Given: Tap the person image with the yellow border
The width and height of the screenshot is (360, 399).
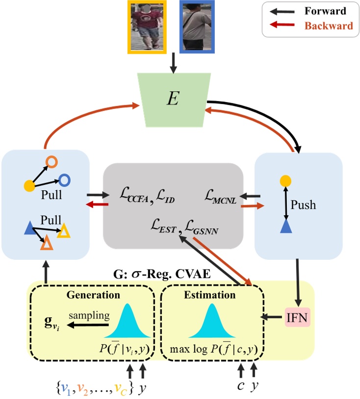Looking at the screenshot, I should pyautogui.click(x=147, y=26).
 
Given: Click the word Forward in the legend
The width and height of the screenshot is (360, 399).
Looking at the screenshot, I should pyautogui.click(x=325, y=11).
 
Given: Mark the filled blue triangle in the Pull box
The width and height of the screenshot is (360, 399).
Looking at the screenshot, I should pyautogui.click(x=29, y=227).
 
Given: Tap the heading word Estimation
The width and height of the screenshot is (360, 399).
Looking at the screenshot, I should pyautogui.click(x=209, y=296).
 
